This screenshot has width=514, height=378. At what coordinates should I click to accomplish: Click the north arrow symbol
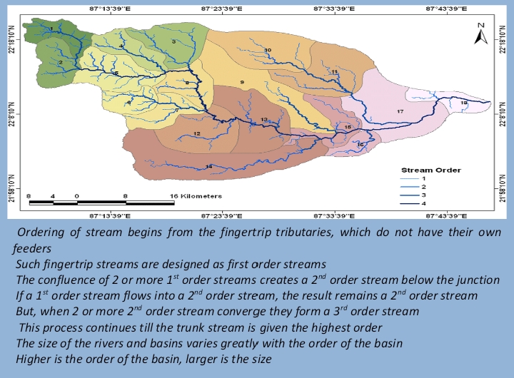[481, 32]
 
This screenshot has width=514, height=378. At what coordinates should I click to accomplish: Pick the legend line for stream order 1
[414, 178]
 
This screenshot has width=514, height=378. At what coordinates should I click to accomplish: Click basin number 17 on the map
[400, 112]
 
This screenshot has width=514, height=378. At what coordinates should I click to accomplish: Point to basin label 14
[208, 166]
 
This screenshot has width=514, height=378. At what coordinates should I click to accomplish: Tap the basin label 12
[196, 134]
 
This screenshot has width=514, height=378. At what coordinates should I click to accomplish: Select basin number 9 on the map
[242, 83]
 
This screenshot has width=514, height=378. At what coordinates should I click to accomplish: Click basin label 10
[268, 50]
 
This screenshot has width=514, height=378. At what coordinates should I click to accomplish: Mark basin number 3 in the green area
[174, 42]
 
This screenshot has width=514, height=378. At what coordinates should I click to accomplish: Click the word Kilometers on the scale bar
[201, 195]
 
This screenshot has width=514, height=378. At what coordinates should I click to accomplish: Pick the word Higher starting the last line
[34, 359]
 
